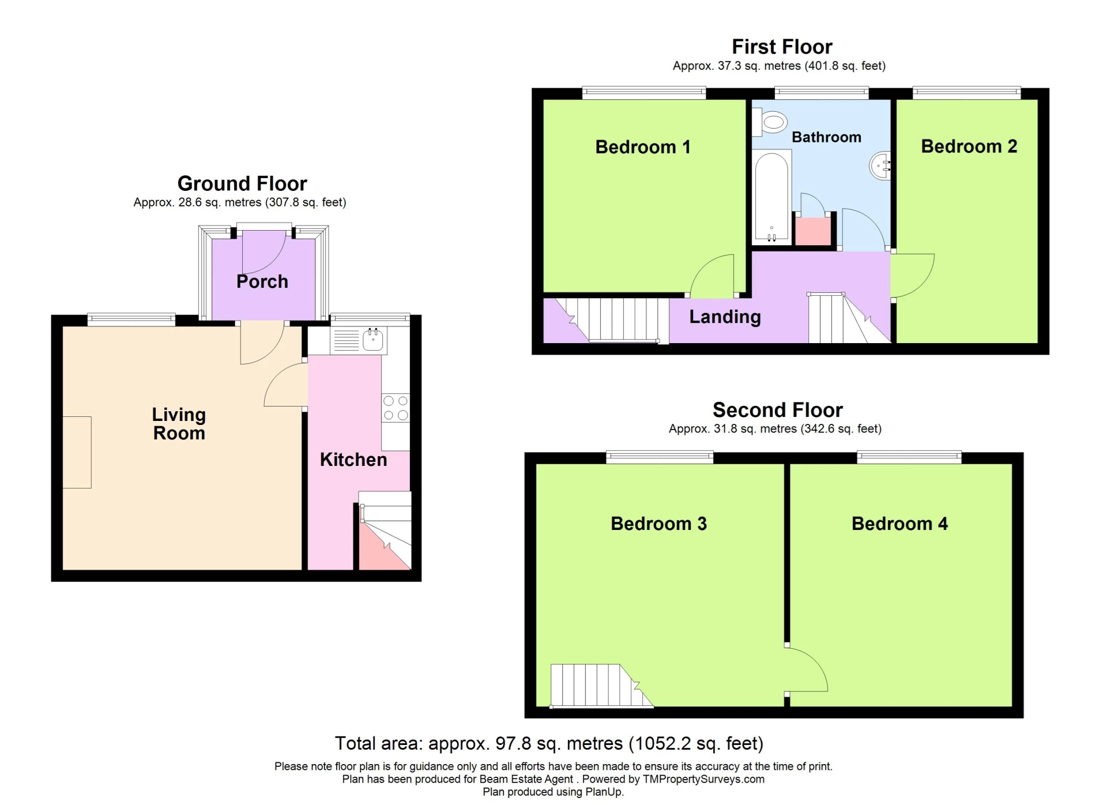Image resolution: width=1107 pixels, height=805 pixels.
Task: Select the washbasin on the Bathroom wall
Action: (x=880, y=166)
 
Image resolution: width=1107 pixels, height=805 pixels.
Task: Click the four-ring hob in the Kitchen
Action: (x=396, y=408)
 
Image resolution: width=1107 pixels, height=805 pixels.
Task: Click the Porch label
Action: (x=262, y=281)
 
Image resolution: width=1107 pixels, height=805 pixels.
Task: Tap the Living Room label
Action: (x=179, y=424)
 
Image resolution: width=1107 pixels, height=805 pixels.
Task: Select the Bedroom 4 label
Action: (x=899, y=524)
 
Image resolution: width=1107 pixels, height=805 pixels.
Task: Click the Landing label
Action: (x=725, y=317)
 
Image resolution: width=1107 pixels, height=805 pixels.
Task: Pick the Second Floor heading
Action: (x=777, y=410)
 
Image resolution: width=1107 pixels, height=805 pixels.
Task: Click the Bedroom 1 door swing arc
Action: (x=714, y=276)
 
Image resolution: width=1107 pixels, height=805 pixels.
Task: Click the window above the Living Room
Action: (x=131, y=319)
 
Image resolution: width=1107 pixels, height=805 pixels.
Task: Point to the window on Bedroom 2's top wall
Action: (x=966, y=92)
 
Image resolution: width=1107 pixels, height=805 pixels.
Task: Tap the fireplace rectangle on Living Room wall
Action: (x=77, y=452)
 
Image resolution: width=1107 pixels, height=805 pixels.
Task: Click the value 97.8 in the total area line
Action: (x=513, y=743)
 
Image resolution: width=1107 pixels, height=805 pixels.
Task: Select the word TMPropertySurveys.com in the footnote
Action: (x=703, y=779)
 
